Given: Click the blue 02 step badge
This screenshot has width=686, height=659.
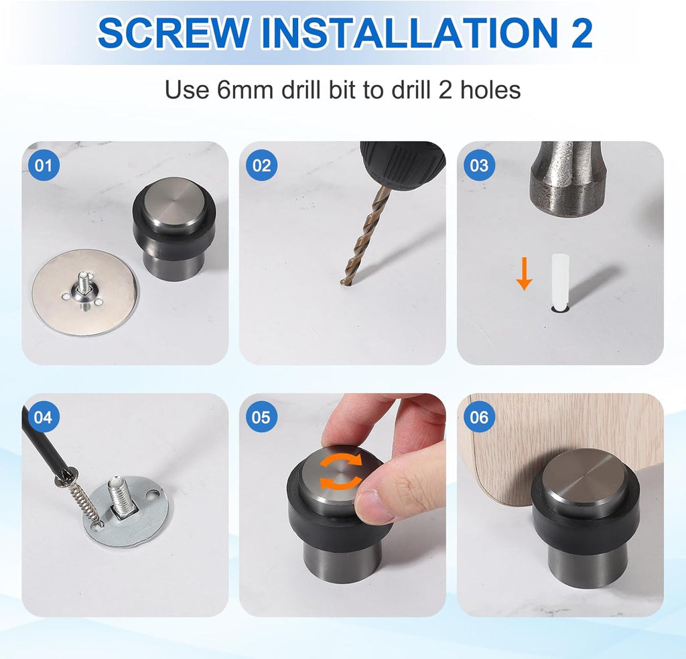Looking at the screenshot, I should (x=261, y=165).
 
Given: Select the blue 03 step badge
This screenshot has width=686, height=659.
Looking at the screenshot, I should (x=479, y=165).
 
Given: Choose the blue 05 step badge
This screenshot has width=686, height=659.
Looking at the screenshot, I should (x=261, y=417).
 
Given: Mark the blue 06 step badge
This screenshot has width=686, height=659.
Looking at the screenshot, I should (x=479, y=417).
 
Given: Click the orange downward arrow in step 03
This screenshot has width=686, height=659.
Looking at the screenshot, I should (x=524, y=275).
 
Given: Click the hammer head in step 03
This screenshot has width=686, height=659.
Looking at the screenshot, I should (x=568, y=178).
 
